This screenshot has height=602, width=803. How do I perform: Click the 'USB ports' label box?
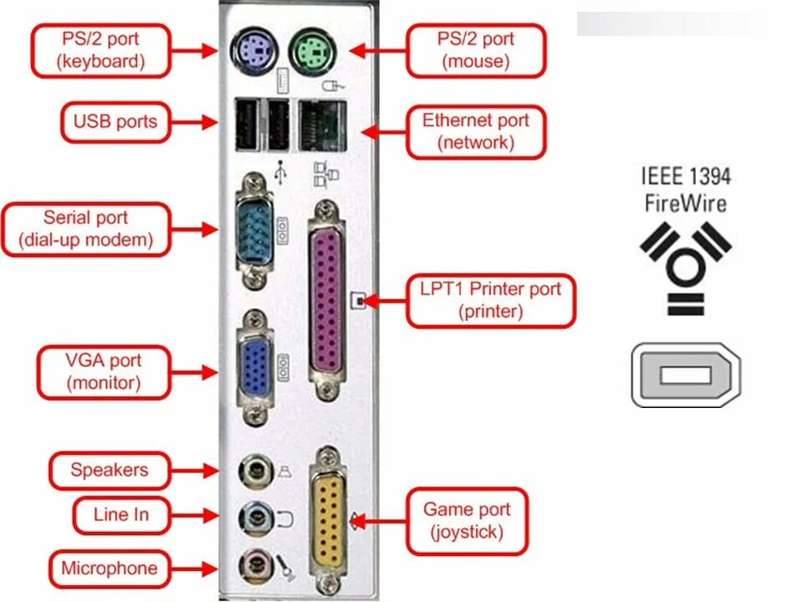115,122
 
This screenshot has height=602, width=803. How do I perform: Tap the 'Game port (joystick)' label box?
467,520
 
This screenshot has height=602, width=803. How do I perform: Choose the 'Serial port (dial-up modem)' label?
86,229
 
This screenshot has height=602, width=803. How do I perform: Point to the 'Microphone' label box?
109,569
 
